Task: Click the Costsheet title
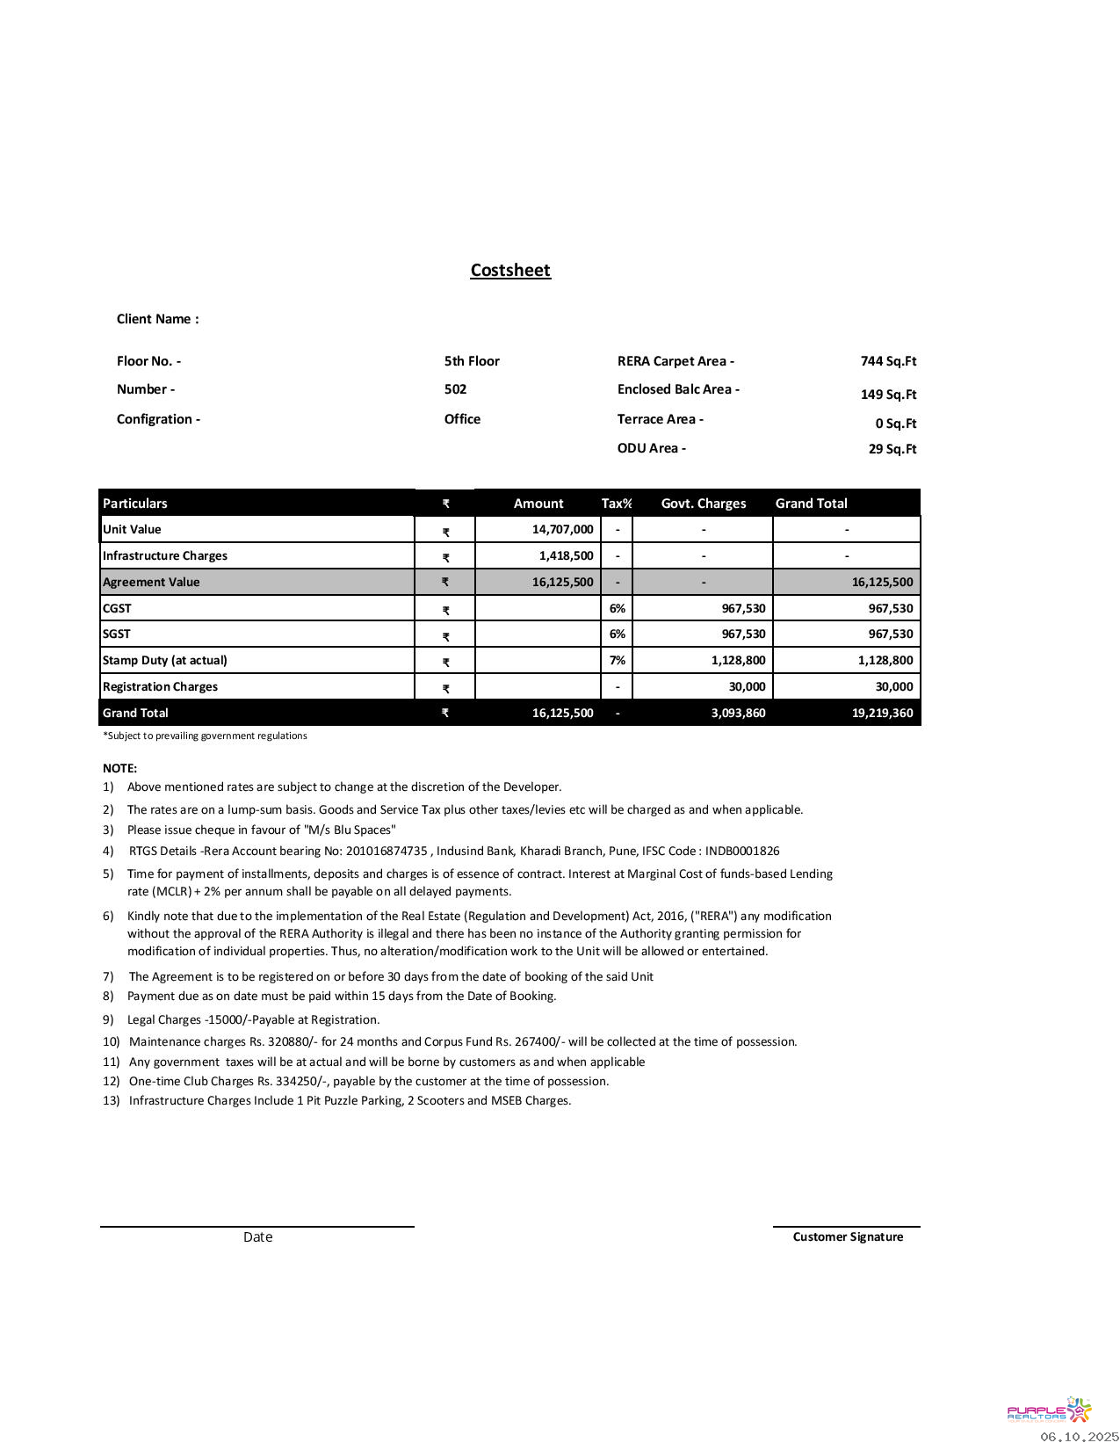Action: click(x=510, y=271)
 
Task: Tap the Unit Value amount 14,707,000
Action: click(x=562, y=529)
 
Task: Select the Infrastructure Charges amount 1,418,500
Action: click(x=566, y=555)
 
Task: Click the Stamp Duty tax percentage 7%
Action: click(x=618, y=660)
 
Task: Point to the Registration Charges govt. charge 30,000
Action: click(x=747, y=686)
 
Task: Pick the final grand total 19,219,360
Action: click(x=882, y=713)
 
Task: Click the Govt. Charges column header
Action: click(x=703, y=504)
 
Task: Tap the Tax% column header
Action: click(x=617, y=504)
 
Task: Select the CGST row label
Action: click(x=117, y=608)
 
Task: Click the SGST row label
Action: click(x=117, y=634)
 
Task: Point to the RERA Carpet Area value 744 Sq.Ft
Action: click(x=888, y=361)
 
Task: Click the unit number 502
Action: click(x=455, y=389)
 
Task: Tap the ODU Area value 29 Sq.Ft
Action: click(x=892, y=449)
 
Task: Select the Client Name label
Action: click(x=157, y=319)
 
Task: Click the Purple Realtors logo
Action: click(x=1049, y=1410)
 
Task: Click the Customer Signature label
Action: click(x=848, y=1236)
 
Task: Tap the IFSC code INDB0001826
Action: click(x=742, y=851)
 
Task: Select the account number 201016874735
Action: click(x=387, y=851)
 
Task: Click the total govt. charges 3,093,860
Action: click(x=738, y=713)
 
